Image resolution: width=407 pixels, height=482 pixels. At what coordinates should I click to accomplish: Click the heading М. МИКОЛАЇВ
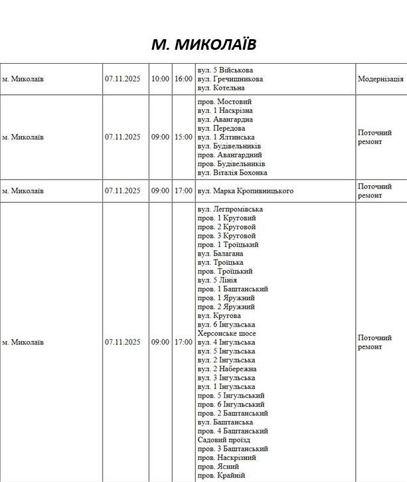click(x=203, y=44)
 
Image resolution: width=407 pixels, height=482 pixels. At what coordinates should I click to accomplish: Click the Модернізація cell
click(x=380, y=79)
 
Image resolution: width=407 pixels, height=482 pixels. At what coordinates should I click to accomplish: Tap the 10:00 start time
click(x=160, y=79)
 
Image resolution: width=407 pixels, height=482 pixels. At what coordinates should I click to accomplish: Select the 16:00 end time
click(x=183, y=79)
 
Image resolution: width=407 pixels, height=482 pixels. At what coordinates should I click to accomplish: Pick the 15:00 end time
click(x=183, y=137)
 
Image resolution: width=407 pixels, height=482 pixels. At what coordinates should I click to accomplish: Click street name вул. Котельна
click(x=221, y=88)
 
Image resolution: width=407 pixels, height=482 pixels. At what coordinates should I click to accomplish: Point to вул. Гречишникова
click(x=230, y=79)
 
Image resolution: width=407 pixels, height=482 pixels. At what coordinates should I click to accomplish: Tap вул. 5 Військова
click(x=226, y=70)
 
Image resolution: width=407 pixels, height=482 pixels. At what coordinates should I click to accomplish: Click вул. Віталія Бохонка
click(x=232, y=173)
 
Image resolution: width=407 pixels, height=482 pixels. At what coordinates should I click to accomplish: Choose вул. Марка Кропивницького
click(x=245, y=191)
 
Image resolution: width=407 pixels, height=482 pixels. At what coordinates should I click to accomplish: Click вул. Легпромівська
click(x=230, y=209)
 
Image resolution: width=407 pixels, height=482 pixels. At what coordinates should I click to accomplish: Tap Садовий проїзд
click(x=222, y=440)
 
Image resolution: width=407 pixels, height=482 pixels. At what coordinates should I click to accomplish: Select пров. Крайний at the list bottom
click(x=222, y=475)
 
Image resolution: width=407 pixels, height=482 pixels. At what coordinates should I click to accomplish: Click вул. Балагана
click(x=220, y=254)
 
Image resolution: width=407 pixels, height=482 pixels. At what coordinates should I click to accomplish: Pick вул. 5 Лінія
click(x=217, y=280)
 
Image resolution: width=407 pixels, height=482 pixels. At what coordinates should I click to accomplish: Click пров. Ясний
click(x=220, y=466)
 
